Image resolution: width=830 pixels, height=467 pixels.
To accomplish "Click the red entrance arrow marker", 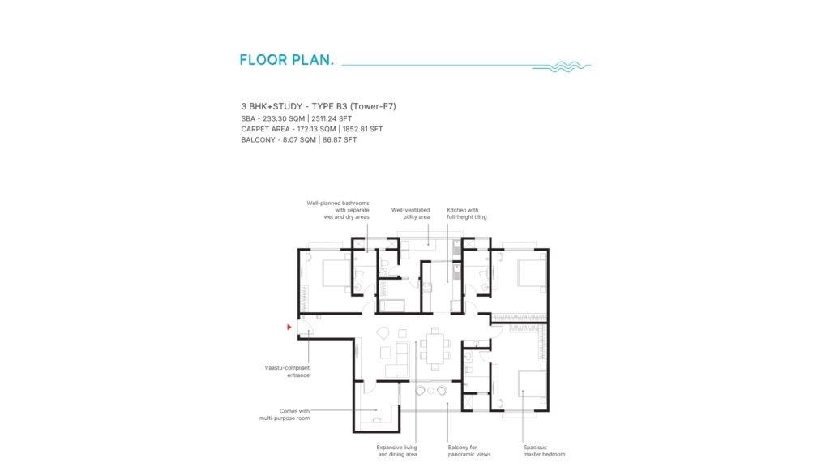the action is [x=289, y=328].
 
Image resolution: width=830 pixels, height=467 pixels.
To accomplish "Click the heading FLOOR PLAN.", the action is [x=286, y=60].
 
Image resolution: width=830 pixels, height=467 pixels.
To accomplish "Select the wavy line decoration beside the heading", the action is [x=562, y=66].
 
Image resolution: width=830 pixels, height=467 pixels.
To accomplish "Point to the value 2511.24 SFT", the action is [x=332, y=118].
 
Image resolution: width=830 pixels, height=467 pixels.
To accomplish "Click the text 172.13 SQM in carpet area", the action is [x=317, y=129].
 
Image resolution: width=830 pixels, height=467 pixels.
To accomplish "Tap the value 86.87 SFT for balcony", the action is [x=340, y=139].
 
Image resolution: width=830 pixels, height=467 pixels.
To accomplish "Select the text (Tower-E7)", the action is [x=373, y=106].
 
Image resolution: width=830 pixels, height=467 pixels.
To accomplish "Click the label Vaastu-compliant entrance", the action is [x=288, y=371].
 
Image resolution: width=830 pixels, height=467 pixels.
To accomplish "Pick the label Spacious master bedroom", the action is [x=544, y=451].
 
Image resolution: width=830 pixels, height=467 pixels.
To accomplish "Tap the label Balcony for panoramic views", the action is [x=469, y=451].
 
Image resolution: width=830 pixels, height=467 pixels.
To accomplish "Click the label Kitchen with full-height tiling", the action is [x=466, y=213].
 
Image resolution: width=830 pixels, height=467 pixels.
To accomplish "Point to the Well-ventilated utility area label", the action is [x=411, y=213].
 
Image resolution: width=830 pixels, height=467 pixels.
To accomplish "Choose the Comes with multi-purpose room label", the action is [x=285, y=414].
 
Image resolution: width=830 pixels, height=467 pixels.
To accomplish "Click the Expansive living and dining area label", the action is [x=397, y=451].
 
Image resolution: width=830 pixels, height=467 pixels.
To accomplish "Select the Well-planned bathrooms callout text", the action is [x=338, y=210].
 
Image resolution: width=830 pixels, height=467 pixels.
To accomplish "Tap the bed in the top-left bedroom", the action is [x=335, y=272].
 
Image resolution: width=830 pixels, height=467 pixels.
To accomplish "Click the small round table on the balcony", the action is [x=431, y=391].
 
